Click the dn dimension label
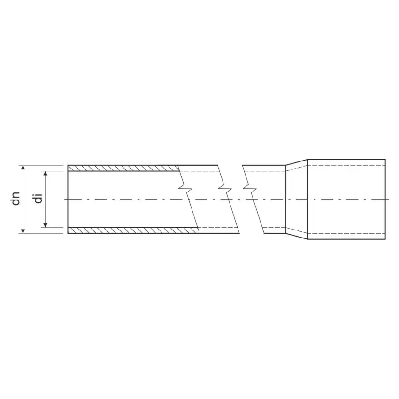point(16,199)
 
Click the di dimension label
point(38,199)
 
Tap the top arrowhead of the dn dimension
point(23,168)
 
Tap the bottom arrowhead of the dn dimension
point(23,231)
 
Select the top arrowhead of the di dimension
point(45,173)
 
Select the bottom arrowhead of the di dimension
point(45,225)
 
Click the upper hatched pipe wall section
point(123,168)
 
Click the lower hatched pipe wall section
point(133,230)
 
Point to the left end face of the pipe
point(68,199)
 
